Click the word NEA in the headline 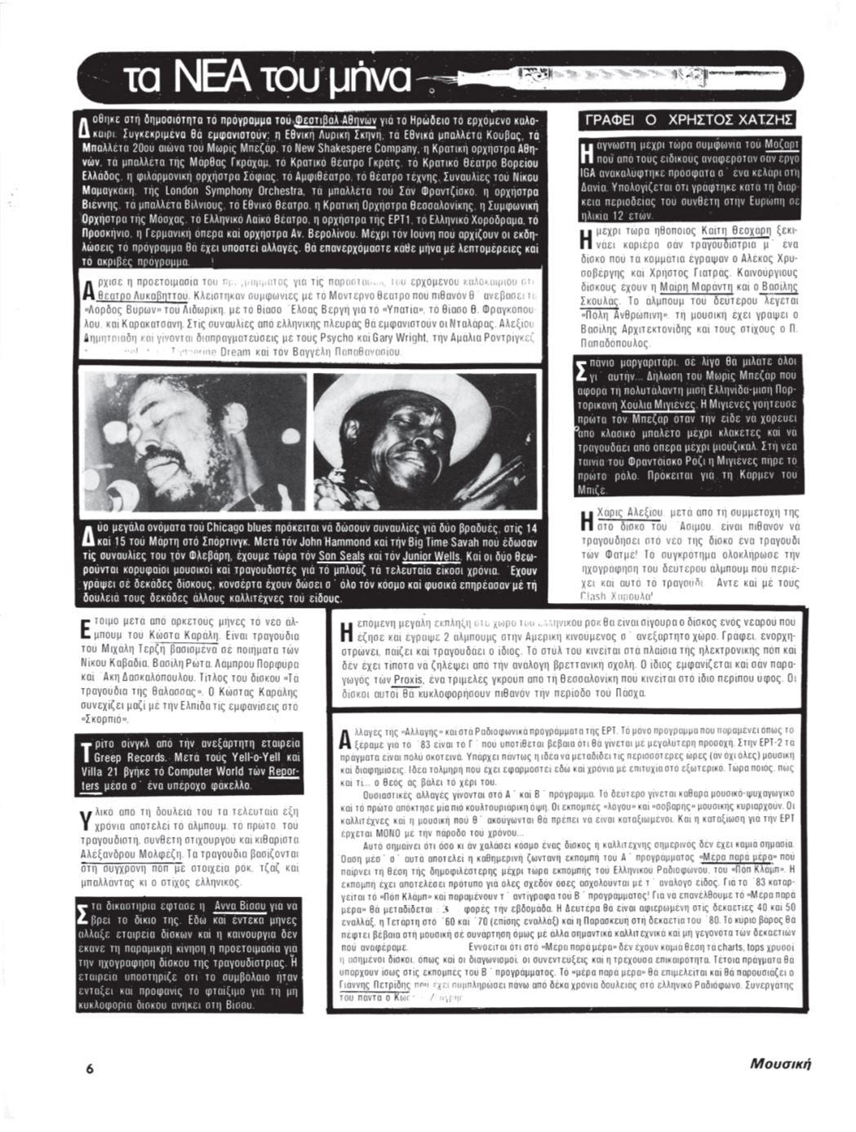click(213, 79)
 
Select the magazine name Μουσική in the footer click(781, 1063)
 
